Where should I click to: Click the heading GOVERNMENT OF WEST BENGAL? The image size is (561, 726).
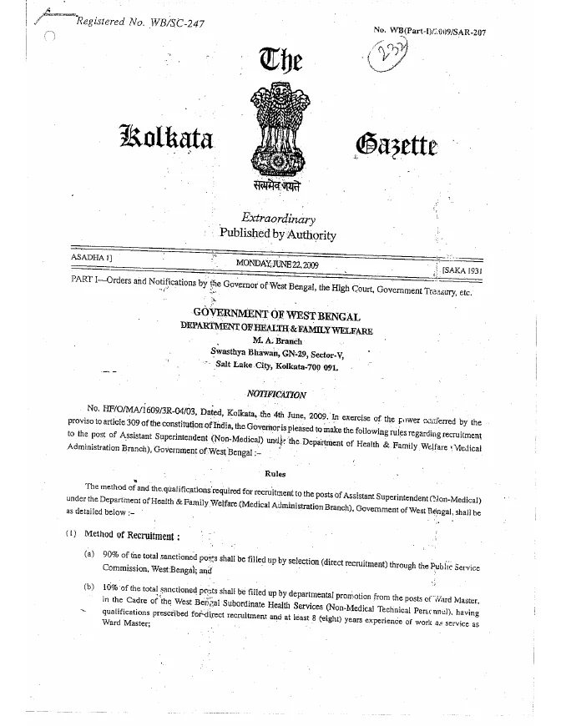pos(276,316)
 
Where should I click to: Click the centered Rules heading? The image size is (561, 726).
pos(275,473)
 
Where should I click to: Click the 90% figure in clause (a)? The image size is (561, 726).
pos(108,555)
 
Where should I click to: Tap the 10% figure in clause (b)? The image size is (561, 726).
pos(108,589)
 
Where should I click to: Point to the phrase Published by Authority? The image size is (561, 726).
pos(277,234)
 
